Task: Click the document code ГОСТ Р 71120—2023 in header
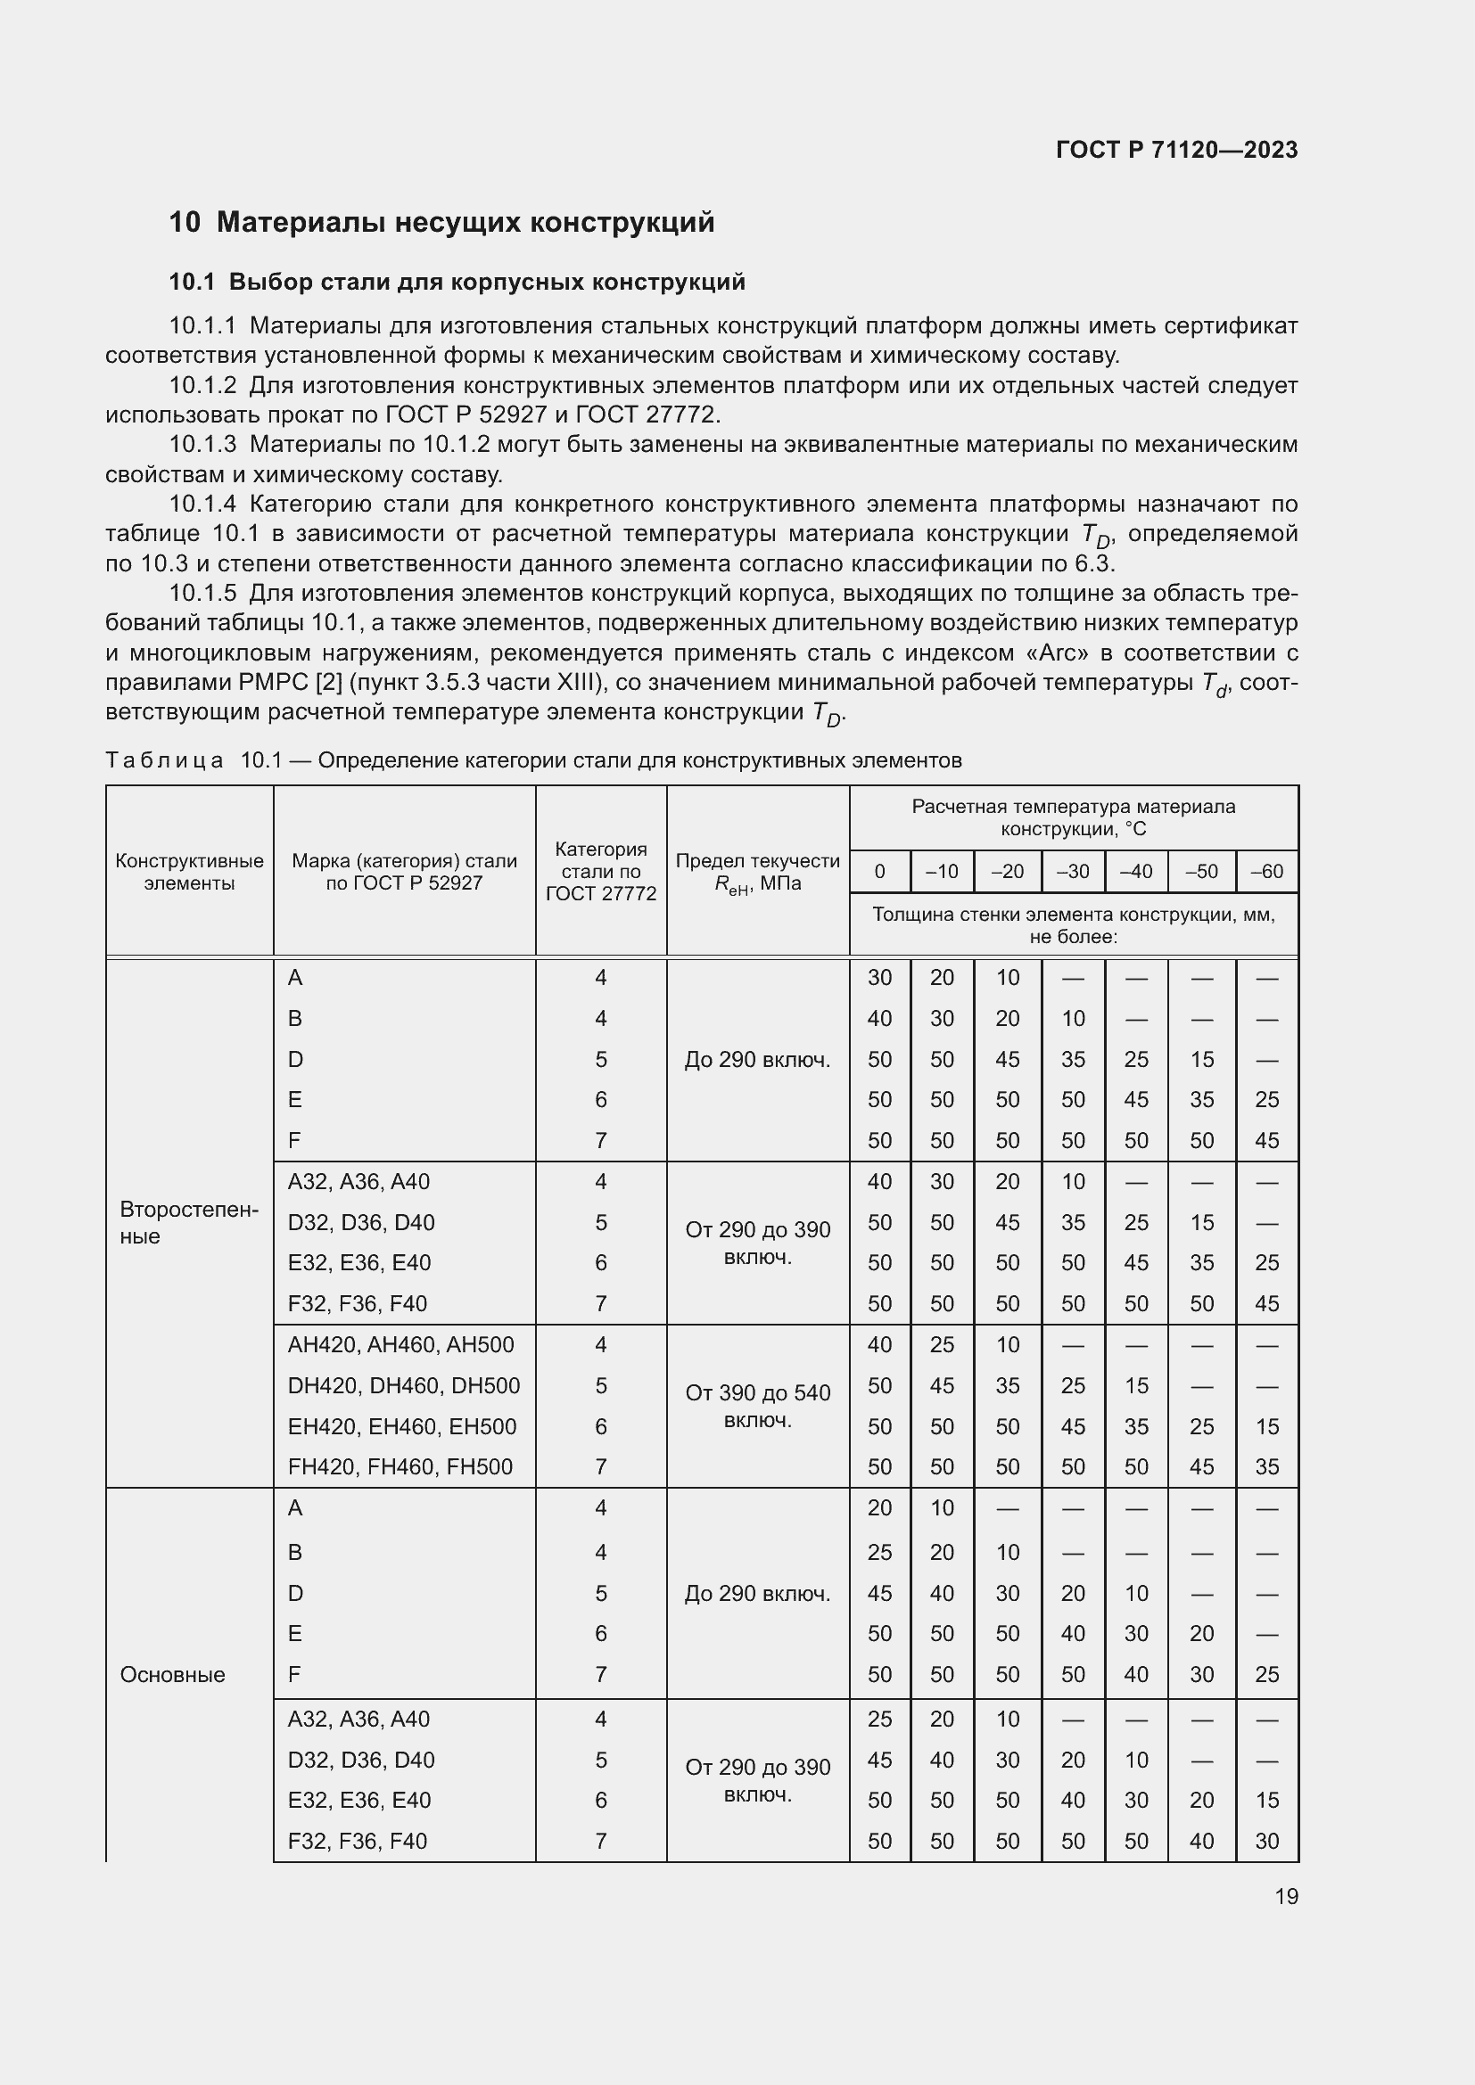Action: click(x=1176, y=150)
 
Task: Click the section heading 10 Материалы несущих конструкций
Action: click(x=441, y=223)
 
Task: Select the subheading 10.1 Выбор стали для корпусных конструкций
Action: click(x=457, y=283)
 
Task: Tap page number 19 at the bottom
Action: click(x=1286, y=1896)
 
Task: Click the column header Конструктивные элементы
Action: click(x=189, y=872)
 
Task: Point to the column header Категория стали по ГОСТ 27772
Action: click(x=600, y=872)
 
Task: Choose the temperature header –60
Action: click(x=1266, y=872)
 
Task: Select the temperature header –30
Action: click(x=1073, y=872)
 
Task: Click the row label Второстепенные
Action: click(x=189, y=1223)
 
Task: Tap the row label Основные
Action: click(x=173, y=1675)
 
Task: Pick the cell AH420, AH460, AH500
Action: click(x=400, y=1345)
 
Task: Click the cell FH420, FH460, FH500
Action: click(x=400, y=1466)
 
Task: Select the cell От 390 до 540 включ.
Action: click(x=757, y=1406)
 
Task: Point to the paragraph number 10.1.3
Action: click(x=202, y=445)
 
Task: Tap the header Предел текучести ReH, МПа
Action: click(x=757, y=872)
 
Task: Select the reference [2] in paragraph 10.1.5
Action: click(x=328, y=682)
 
